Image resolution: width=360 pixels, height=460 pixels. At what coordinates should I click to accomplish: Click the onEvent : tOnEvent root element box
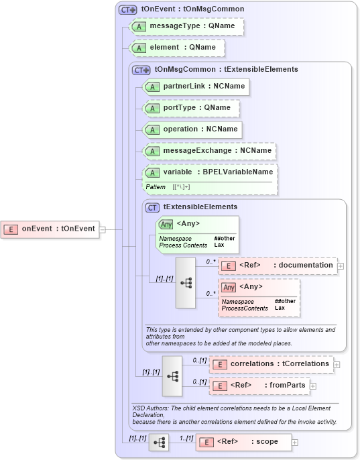pyautogui.click(x=51, y=229)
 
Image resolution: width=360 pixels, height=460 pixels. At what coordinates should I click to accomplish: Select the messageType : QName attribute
pyautogui.click(x=187, y=26)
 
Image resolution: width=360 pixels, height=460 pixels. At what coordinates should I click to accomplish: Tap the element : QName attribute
pyautogui.click(x=178, y=48)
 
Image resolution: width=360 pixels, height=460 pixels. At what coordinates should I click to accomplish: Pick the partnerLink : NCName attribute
pyautogui.click(x=195, y=87)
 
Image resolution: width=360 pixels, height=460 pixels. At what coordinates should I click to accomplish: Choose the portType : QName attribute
pyautogui.click(x=191, y=108)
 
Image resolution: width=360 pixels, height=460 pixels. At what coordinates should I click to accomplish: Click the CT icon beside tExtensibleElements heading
pyautogui.click(x=153, y=207)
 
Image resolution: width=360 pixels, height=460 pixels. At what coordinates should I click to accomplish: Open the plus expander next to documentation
pyautogui.click(x=341, y=266)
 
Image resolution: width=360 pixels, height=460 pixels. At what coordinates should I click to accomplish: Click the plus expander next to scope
pyautogui.click(x=295, y=443)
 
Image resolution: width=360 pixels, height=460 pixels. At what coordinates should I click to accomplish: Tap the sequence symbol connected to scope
pyautogui.click(x=159, y=442)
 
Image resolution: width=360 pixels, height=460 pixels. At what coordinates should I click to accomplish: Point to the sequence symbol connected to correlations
pyautogui.click(x=172, y=376)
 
